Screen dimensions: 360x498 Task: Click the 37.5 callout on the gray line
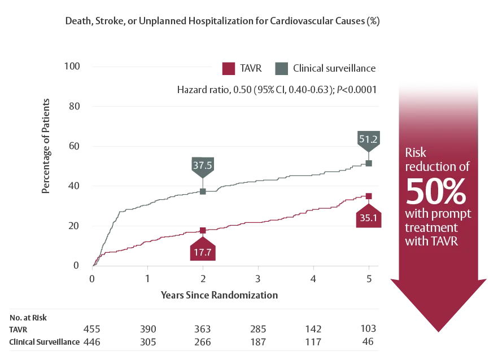(x=202, y=166)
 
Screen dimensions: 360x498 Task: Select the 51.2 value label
(x=370, y=139)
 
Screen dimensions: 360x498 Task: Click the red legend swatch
(x=229, y=68)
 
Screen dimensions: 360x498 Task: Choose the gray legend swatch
(x=281, y=68)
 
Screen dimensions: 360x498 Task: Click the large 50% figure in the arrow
(x=436, y=192)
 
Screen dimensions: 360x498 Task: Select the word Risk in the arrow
(x=416, y=152)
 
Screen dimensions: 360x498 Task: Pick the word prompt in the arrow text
(x=451, y=214)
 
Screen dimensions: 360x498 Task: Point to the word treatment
(x=431, y=227)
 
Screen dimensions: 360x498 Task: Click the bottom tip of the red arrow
(x=438, y=332)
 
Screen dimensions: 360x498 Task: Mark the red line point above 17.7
(x=202, y=231)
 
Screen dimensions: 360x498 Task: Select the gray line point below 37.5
(x=202, y=192)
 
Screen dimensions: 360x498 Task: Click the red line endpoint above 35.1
(x=370, y=196)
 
